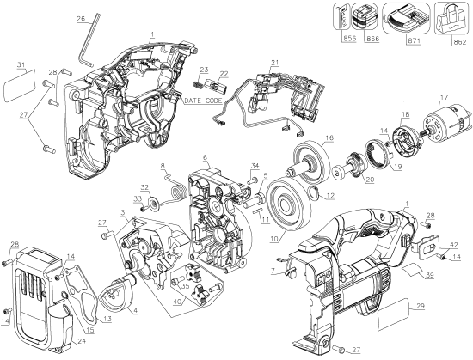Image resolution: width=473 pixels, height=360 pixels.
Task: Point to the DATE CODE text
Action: click(203, 101)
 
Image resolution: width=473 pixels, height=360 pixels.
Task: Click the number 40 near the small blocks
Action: click(177, 302)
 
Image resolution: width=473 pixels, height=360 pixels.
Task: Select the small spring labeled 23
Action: click(205, 80)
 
